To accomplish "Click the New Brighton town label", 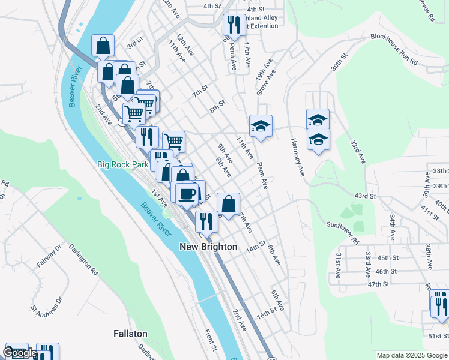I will click(209, 247).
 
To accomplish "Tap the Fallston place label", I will click(131, 333).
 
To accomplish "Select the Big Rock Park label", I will click(122, 164).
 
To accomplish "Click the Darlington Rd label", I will click(83, 259).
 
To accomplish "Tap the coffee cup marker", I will click(187, 193).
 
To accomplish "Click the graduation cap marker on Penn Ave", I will click(261, 126).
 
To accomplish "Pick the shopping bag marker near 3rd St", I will click(103, 45).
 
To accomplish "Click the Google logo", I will click(20, 353).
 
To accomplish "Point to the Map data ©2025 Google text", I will click(412, 355).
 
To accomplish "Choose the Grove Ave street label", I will click(262, 84).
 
